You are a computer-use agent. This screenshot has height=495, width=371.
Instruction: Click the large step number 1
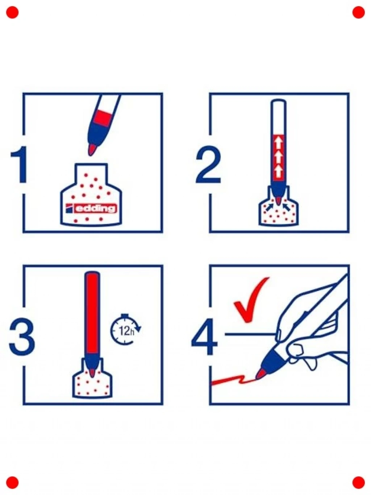tap(20, 165)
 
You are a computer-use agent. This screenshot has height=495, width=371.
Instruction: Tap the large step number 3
tap(22, 337)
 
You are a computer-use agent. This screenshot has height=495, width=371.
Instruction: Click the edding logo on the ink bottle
tap(91, 209)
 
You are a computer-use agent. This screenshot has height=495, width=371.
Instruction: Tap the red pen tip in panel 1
tap(92, 150)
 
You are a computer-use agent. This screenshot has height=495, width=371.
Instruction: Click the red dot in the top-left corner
tap(12, 12)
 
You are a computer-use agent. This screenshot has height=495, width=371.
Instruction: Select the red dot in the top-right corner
tap(358, 12)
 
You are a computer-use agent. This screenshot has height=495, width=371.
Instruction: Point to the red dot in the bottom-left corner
tap(12, 482)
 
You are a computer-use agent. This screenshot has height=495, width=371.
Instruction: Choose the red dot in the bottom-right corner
tap(358, 482)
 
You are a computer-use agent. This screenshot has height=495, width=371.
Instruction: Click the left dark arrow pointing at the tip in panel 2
tap(270, 207)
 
